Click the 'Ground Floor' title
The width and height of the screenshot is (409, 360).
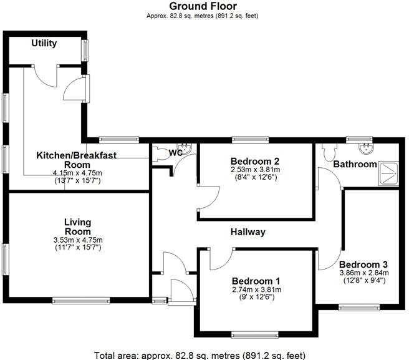pyautogui.click(x=203, y=6)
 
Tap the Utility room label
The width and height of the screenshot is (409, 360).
pyautogui.click(x=44, y=43)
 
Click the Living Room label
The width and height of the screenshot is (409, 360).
pyautogui.click(x=78, y=226)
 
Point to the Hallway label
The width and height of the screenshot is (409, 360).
pyautogui.click(x=248, y=232)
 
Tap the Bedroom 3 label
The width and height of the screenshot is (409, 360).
pyautogui.click(x=364, y=263)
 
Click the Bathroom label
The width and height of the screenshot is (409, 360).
pyautogui.click(x=355, y=165)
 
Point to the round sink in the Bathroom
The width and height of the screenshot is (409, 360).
pyautogui.click(x=365, y=149)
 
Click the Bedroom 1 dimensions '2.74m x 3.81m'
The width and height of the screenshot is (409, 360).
pyautogui.click(x=256, y=290)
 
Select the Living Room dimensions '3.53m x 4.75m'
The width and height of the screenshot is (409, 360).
pyautogui.click(x=78, y=240)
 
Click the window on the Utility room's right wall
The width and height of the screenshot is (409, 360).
pyautogui.click(x=84, y=50)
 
